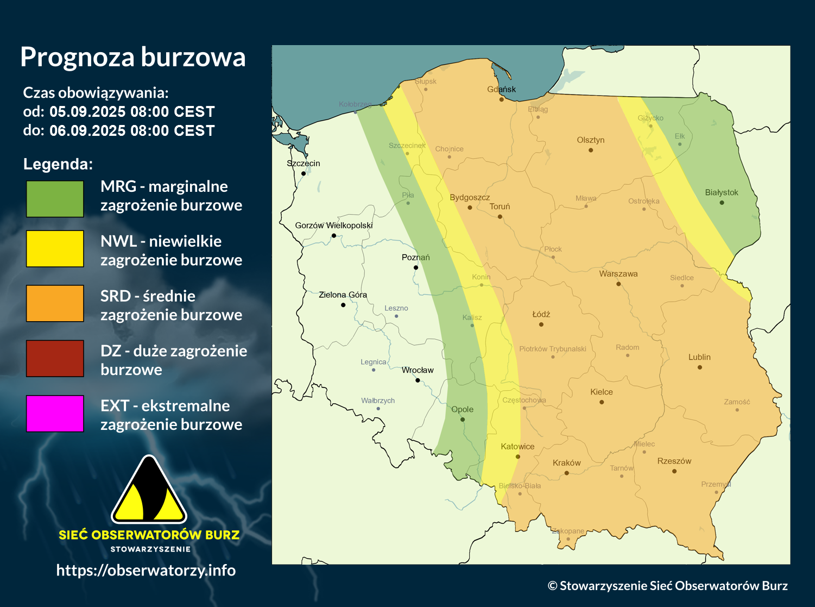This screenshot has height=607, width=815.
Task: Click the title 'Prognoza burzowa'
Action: (133, 57)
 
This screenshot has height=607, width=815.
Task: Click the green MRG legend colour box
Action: (55, 199)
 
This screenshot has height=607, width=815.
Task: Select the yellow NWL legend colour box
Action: (55, 248)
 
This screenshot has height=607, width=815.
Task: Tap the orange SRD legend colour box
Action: (55, 303)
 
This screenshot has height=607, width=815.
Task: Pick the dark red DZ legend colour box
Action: (55, 358)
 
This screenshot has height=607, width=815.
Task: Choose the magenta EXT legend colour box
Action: (55, 413)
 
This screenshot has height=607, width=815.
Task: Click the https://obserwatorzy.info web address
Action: (146, 570)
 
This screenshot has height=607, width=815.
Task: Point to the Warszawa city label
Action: (618, 274)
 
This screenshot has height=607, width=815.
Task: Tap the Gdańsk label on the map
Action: (501, 89)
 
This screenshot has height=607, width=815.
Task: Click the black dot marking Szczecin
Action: (304, 174)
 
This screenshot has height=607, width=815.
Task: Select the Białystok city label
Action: (722, 192)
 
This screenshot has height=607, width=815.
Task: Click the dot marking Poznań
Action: (416, 267)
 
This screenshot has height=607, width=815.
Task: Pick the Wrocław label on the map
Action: (418, 370)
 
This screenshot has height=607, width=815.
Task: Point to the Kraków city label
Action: (566, 463)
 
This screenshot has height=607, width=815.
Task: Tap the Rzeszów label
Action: (674, 461)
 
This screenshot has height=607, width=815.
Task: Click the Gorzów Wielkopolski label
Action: (334, 225)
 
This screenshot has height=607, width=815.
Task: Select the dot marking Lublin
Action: (700, 367)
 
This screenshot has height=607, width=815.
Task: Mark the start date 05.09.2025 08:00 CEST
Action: (132, 112)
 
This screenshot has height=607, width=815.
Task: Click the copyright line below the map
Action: (667, 586)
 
